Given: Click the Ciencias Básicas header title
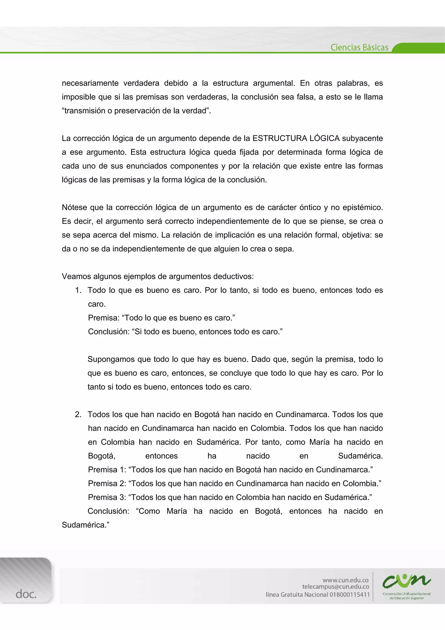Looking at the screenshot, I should click(x=359, y=47).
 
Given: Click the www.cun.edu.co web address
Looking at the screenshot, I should click(x=345, y=580).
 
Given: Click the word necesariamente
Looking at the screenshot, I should click(x=90, y=83).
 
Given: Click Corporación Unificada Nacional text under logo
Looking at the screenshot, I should click(x=406, y=594).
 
